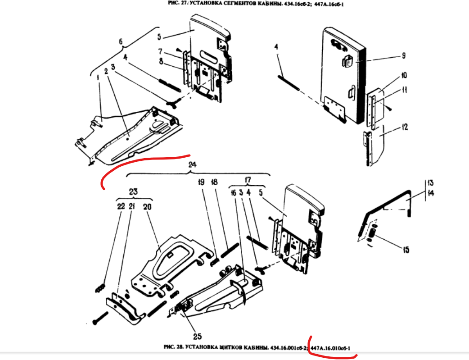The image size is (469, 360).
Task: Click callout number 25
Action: pyautogui.click(x=197, y=336)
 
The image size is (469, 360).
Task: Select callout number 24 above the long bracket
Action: pyautogui.click(x=193, y=165)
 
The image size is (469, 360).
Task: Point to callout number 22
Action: pyautogui.click(x=121, y=206)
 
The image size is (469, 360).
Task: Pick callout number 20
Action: pyautogui.click(x=147, y=206)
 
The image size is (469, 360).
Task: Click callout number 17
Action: pyautogui.click(x=247, y=179)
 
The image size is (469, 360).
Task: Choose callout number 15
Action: pyautogui.click(x=406, y=249)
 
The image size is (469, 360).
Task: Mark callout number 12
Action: pyautogui.click(x=405, y=128)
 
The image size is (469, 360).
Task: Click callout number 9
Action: pyautogui.click(x=403, y=55)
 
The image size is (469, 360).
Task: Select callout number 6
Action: pyautogui.click(x=121, y=41)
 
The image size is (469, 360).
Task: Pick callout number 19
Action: pyautogui.click(x=201, y=182)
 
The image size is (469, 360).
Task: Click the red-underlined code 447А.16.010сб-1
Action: pyautogui.click(x=330, y=348)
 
